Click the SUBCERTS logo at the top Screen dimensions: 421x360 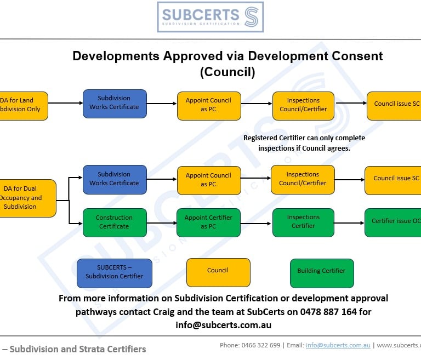click(x=210, y=17)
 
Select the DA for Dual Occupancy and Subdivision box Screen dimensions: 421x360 click(x=25, y=198)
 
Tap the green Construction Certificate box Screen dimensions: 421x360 click(x=115, y=222)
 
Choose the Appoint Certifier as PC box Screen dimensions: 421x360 click(x=208, y=222)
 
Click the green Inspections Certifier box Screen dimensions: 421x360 click(x=303, y=222)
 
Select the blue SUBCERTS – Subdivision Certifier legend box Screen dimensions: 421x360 click(x=115, y=272)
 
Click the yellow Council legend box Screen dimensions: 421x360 click(x=218, y=271)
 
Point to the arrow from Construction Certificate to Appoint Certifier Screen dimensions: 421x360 click(x=161, y=222)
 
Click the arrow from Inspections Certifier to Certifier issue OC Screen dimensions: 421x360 click(x=349, y=222)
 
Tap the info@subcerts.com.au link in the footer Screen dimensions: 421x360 click(x=338, y=345)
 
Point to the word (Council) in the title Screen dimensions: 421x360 click(x=227, y=72)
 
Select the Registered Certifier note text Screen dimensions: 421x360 click(x=304, y=143)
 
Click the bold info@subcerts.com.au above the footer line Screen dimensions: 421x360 click(x=223, y=325)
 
